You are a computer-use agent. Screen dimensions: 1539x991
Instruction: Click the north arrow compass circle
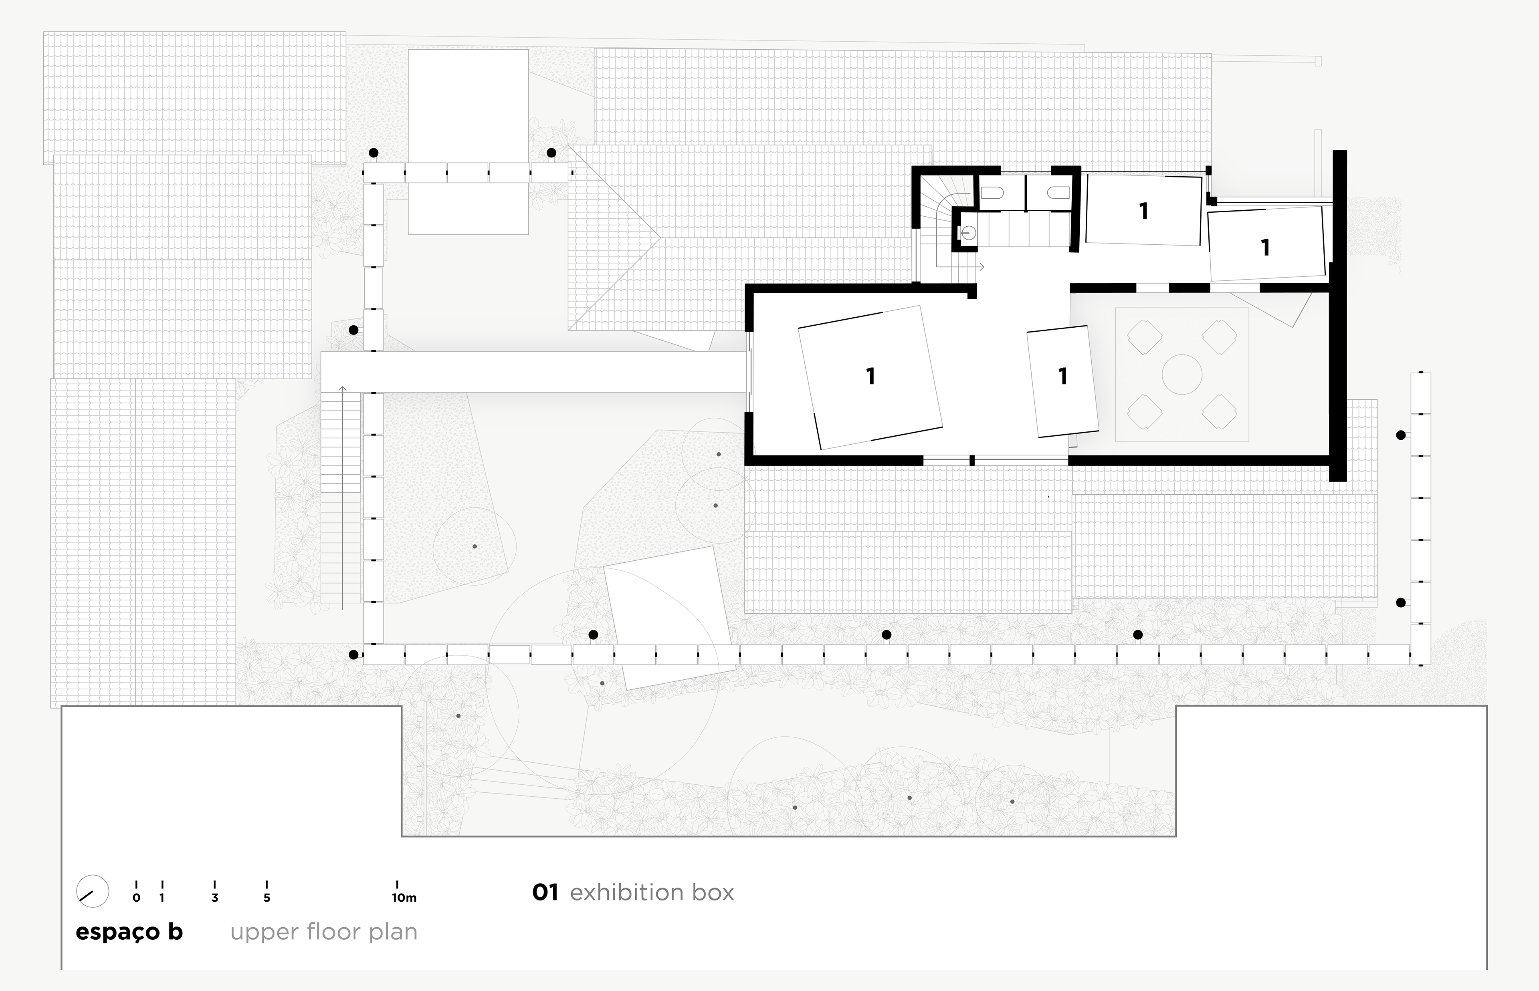click(92, 891)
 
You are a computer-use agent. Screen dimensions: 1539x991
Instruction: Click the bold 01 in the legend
click(545, 892)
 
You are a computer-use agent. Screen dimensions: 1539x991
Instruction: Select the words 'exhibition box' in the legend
click(651, 892)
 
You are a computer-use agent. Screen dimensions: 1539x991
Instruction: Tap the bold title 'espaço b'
click(129, 932)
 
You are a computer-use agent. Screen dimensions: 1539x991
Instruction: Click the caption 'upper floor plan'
click(324, 932)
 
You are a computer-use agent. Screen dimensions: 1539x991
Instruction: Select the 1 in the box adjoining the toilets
click(1143, 211)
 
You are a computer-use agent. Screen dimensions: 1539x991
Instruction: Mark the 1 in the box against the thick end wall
click(1265, 248)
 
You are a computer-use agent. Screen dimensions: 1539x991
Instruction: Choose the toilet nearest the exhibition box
click(1058, 192)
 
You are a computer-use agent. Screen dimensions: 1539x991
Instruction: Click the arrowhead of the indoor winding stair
click(982, 266)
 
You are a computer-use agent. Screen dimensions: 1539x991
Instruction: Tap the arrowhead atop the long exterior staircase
click(342, 389)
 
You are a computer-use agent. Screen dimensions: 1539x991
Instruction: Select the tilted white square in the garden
click(669, 618)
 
